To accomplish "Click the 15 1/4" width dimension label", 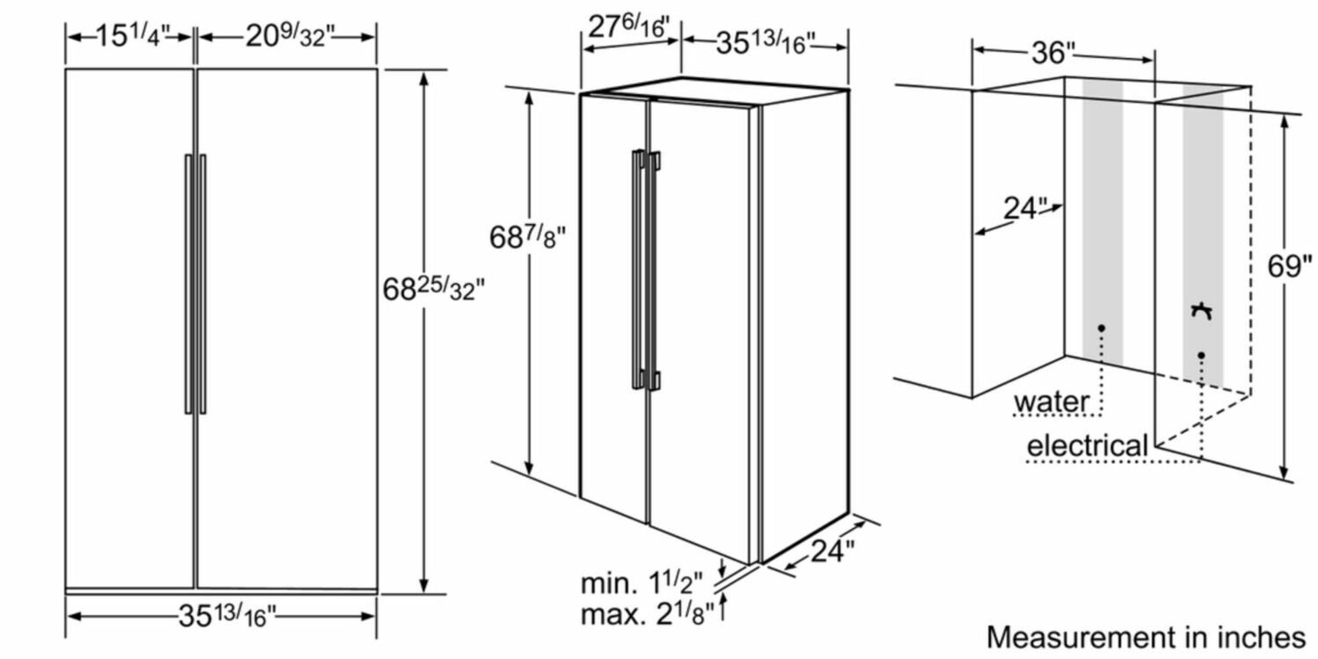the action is pyautogui.click(x=133, y=36).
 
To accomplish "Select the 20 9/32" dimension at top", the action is pyautogui.click(x=289, y=36).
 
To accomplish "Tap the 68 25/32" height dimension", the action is pyautogui.click(x=434, y=288).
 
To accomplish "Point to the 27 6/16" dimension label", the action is pyautogui.click(x=629, y=27).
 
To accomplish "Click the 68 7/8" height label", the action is pyautogui.click(x=527, y=237).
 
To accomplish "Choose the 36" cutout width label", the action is pyautogui.click(x=1054, y=53).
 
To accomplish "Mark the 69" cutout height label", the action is pyautogui.click(x=1290, y=266).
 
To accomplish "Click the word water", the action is pyautogui.click(x=1051, y=402).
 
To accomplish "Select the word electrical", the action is pyautogui.click(x=1088, y=445).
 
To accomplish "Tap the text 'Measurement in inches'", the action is pyautogui.click(x=1146, y=638).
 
